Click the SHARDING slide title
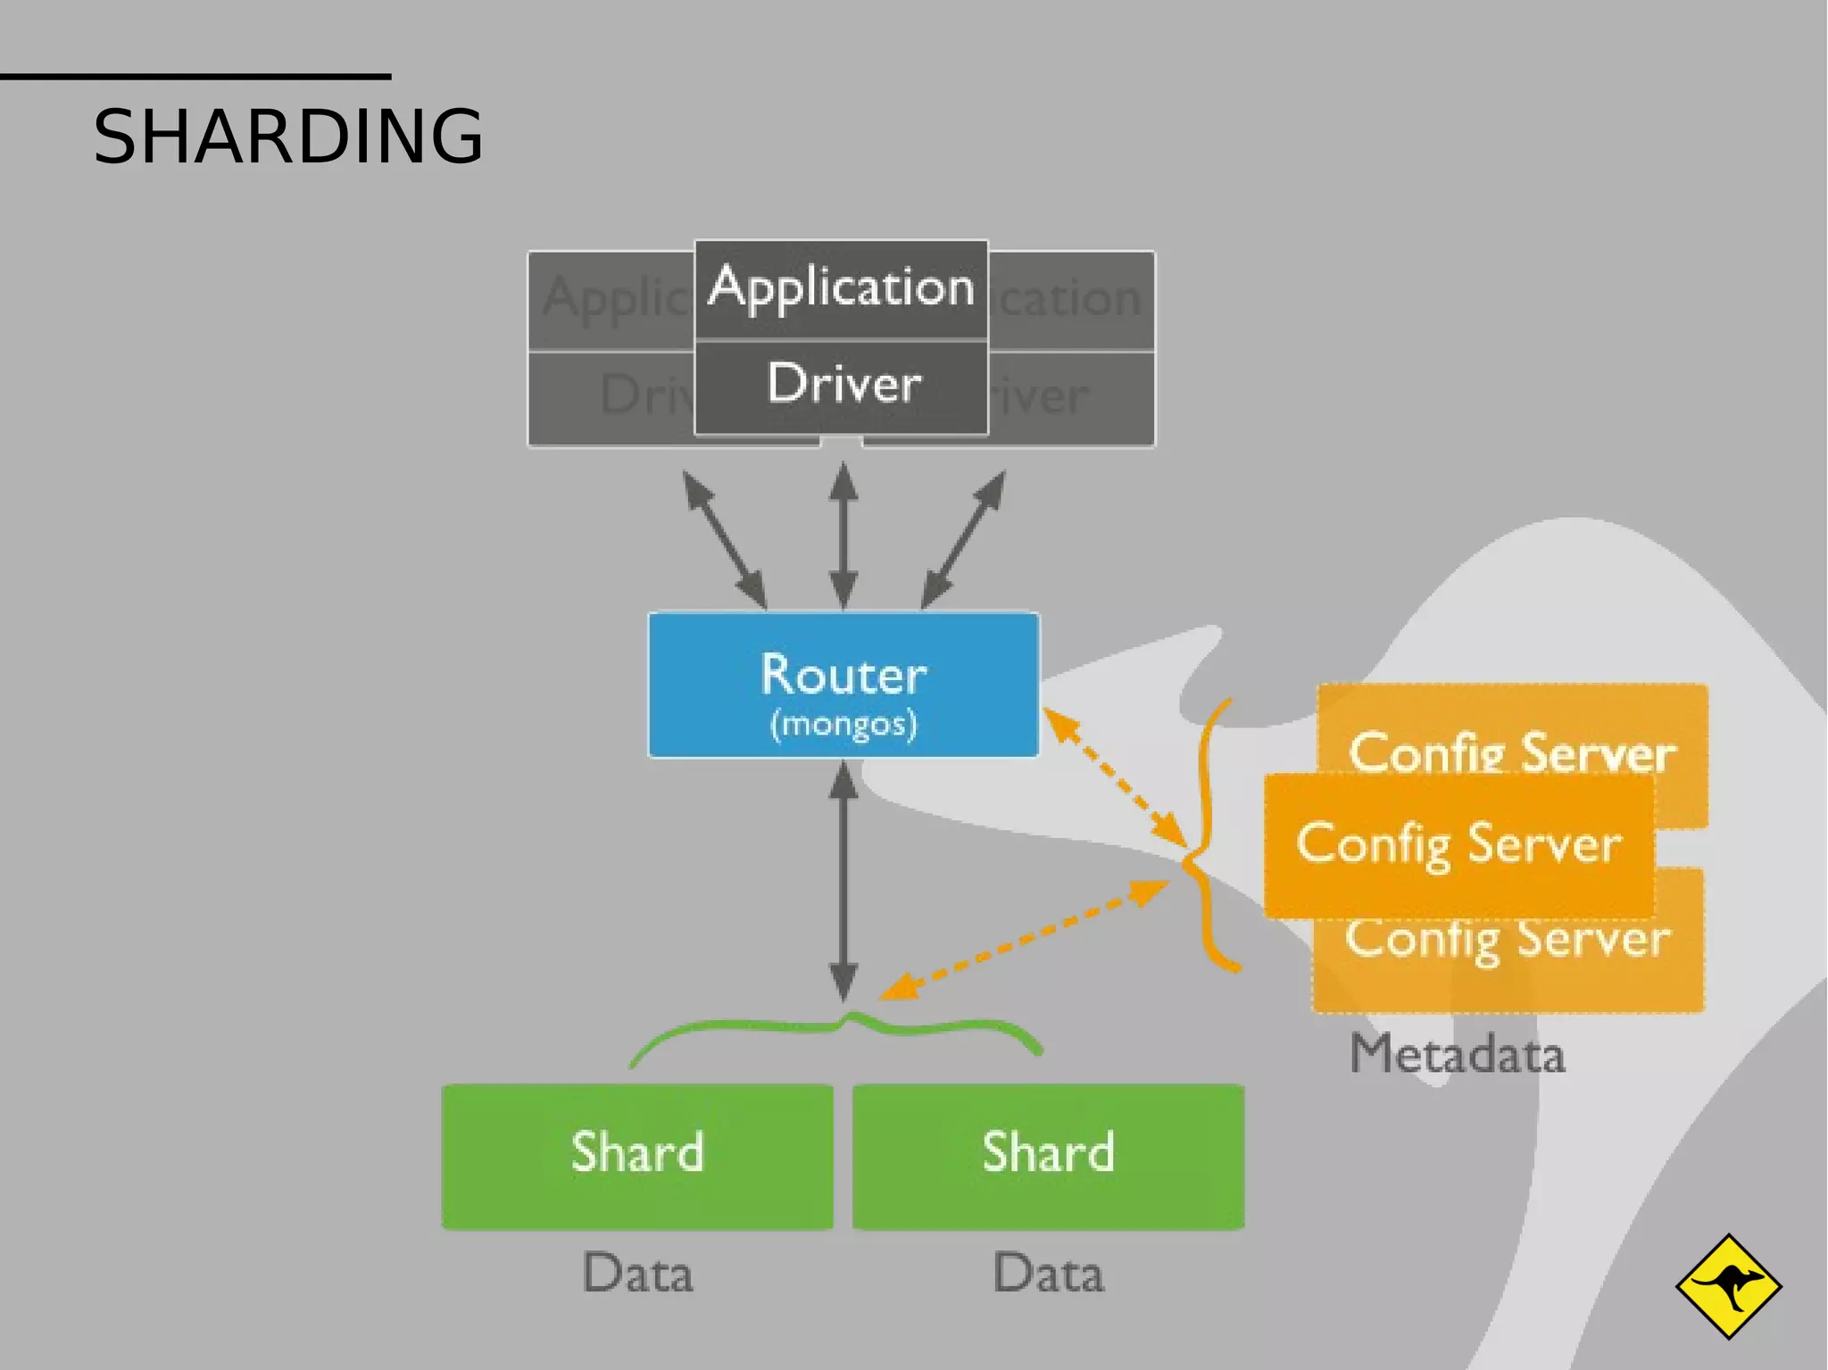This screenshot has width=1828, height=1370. click(287, 137)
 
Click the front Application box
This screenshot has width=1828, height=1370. click(841, 287)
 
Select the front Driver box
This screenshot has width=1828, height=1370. click(841, 386)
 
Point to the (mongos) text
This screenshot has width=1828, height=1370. click(843, 724)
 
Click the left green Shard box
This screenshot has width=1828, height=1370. click(637, 1155)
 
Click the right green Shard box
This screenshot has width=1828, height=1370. click(1048, 1155)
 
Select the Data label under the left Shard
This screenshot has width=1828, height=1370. click(637, 1274)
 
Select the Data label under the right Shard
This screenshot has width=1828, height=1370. click(1048, 1274)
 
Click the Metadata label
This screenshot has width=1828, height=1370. click(1457, 1055)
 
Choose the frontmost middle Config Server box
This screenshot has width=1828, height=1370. click(1458, 844)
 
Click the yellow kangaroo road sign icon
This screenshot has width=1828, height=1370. click(1728, 1286)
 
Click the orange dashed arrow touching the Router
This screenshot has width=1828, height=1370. click(1114, 776)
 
